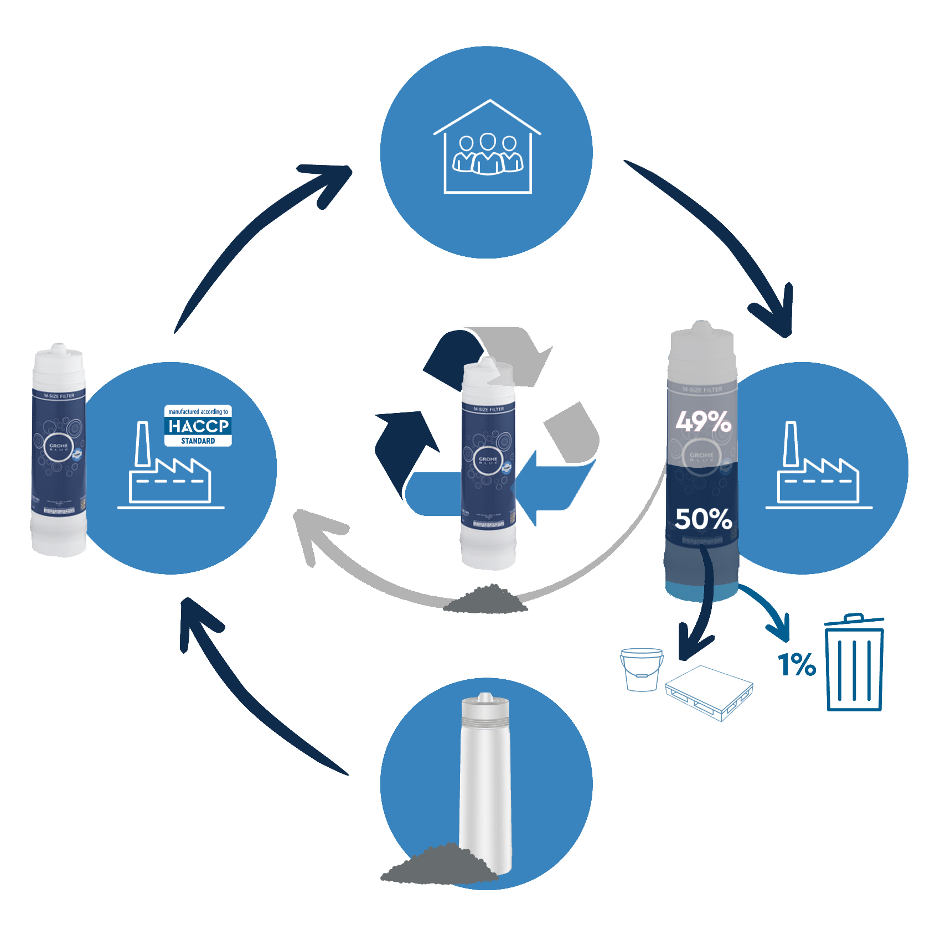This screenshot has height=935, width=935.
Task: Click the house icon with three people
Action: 487,147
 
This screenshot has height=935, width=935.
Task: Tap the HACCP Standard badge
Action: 198,426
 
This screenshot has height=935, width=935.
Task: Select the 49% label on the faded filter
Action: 703,422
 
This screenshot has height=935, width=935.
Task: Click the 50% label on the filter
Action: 703,519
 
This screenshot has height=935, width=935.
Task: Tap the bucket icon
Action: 642,669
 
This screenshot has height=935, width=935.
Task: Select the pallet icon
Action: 709,693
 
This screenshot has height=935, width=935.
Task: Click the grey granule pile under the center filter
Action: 485,600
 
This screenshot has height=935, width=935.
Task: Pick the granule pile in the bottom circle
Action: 437,864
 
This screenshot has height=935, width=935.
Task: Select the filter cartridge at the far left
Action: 59,451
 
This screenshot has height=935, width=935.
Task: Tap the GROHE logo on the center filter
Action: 488,460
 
